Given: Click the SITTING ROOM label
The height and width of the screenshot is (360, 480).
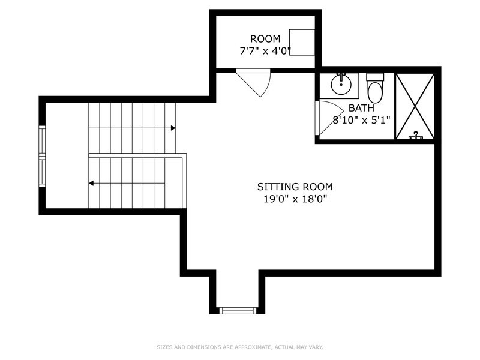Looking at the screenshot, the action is coord(295,187).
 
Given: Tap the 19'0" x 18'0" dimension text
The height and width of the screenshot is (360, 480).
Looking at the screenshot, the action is coord(295,199).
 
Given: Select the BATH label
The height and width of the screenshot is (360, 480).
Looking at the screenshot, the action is coord(361,108).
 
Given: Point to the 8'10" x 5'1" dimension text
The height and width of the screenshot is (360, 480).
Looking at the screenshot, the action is coord(361,121).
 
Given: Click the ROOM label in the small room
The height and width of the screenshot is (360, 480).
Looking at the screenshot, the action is coord(265,39).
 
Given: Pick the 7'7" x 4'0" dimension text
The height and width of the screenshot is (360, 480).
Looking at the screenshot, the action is coord(265,51).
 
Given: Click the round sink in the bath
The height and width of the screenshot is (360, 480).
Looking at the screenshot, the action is coord(341,85).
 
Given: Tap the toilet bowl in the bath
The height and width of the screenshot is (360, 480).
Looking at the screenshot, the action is coord(375,93).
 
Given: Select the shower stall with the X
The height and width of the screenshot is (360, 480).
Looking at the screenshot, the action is coord(415,106).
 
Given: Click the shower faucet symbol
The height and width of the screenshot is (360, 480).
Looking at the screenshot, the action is coord(415,136).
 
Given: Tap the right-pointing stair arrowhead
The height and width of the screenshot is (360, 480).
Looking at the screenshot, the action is coord(173,128).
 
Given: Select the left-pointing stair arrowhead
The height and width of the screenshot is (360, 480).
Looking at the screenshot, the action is coord(91,183).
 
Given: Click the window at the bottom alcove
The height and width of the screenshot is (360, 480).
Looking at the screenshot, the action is coord(237,310).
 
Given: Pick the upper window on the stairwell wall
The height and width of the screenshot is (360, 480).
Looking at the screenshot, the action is coord(42,141).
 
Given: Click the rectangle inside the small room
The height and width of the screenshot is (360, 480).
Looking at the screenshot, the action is coord(302,42).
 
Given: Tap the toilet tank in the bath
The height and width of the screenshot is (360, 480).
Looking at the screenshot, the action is coord(375,77).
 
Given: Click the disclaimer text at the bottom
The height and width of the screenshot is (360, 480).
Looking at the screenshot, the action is coord(239,347).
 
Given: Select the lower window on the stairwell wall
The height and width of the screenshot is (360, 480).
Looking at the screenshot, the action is coord(42,172).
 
